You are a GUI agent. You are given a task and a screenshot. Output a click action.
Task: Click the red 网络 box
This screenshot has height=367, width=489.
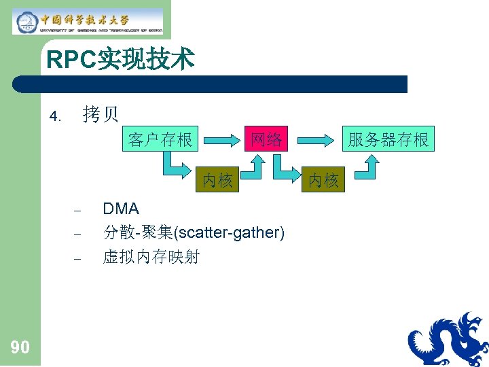[x=266, y=140]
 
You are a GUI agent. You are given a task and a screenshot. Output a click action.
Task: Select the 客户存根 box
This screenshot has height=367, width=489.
[x=160, y=140]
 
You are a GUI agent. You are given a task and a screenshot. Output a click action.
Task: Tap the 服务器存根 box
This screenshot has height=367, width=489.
[x=388, y=140]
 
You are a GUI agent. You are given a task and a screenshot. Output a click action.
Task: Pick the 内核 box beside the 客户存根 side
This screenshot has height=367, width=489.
[x=217, y=180]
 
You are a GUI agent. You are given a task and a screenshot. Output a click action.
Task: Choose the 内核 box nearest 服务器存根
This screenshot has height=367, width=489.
[x=323, y=180]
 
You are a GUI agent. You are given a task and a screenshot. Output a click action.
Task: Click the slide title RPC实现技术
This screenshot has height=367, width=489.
[x=120, y=60]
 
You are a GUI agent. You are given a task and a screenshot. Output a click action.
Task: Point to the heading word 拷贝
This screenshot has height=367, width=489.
[x=101, y=115]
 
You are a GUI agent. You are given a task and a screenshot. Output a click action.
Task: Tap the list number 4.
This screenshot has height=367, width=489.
[x=55, y=116]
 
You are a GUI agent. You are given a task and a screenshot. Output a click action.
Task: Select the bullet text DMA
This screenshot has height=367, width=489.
[x=121, y=209]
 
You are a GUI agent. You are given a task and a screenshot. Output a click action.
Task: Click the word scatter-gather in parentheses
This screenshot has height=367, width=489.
[x=229, y=233]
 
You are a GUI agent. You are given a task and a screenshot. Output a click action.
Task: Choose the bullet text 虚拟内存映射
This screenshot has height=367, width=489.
[x=151, y=257]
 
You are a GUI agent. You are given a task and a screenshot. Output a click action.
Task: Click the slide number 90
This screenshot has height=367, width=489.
[x=20, y=348]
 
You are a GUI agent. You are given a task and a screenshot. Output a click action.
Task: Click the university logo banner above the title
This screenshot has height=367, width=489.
[x=88, y=22]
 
